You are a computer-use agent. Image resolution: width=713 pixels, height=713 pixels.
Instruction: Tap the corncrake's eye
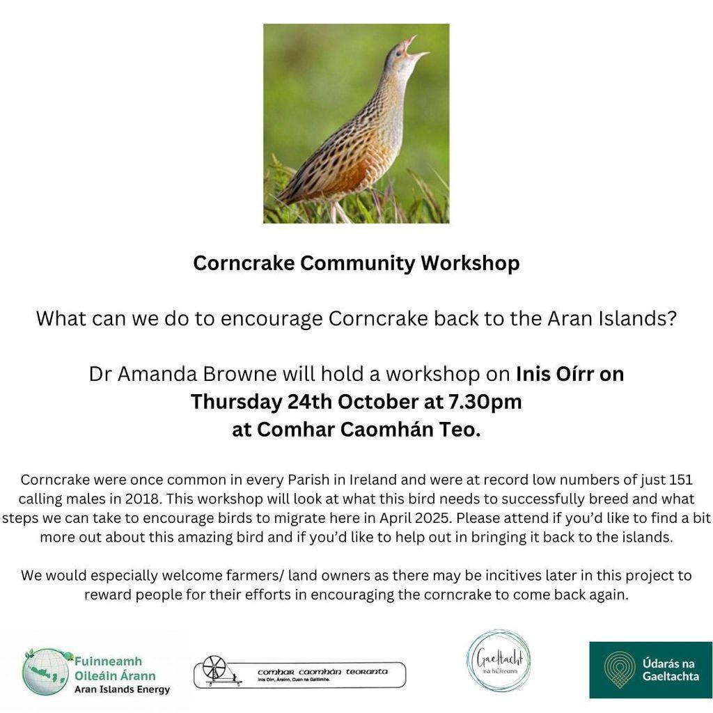click(x=399, y=54)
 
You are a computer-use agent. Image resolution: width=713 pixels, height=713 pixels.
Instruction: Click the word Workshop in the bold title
click(x=470, y=263)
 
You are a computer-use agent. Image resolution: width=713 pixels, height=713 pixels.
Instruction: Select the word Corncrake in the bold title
click(x=244, y=263)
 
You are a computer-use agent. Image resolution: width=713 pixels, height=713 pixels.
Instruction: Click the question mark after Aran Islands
click(x=672, y=318)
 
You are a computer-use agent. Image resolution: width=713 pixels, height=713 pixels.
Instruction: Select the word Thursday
click(x=236, y=402)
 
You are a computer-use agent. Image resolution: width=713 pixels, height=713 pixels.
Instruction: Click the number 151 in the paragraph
click(x=681, y=480)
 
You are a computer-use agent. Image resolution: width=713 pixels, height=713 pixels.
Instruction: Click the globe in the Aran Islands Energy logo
click(x=46, y=672)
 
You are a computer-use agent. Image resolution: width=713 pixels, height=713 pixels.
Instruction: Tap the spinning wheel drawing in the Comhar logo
click(x=217, y=671)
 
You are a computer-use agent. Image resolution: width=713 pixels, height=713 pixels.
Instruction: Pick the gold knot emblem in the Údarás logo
click(x=619, y=669)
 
